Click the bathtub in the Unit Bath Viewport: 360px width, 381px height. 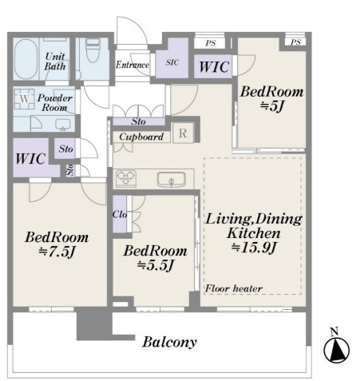[x=26, y=59]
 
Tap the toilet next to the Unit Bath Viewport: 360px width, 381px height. [x=93, y=50]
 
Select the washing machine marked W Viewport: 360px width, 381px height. [x=24, y=99]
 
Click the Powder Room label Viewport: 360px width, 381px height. [x=55, y=103]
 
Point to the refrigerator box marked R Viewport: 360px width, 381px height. [x=183, y=133]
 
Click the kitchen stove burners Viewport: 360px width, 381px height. [x=126, y=178]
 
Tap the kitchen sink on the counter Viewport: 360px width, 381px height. [x=171, y=180]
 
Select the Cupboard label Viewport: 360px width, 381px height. [x=141, y=137]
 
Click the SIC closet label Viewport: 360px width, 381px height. [x=172, y=62]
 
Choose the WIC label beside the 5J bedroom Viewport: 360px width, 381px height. [x=214, y=67]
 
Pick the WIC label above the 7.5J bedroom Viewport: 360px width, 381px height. [x=30, y=159]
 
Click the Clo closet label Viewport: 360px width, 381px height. [x=120, y=214]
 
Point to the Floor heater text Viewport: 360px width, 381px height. [x=234, y=288]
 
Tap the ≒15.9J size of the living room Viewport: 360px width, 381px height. [x=253, y=248]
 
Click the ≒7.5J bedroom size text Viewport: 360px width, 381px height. [x=57, y=252]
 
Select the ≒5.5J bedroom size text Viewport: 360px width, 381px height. [x=156, y=265]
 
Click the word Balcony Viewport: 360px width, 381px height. [x=169, y=342]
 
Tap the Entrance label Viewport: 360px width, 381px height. [x=133, y=65]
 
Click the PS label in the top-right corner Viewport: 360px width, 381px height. [x=295, y=42]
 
